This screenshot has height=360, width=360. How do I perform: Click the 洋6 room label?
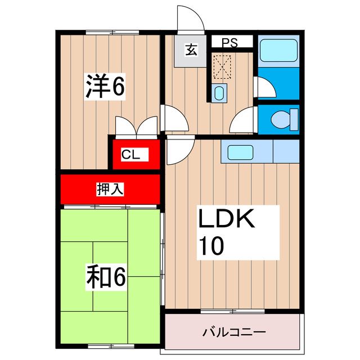pos(105,87)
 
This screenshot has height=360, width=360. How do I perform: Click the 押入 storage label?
pos(110,190)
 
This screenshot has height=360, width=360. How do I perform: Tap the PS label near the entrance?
pos(229,43)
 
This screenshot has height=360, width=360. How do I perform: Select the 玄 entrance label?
pos(191,51)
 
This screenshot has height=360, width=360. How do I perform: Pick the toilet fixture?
pos(280,119)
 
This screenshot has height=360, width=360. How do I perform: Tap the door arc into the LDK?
pos(179,151)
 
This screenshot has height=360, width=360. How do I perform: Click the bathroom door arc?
pos(263,88)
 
